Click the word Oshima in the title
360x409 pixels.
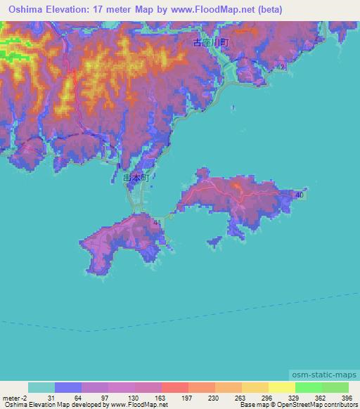click(x=27, y=9)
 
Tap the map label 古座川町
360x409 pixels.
click(x=211, y=44)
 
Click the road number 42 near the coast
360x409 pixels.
click(x=282, y=67)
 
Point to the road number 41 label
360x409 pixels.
click(x=156, y=222)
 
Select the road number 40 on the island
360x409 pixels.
click(x=300, y=195)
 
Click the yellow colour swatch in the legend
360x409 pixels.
click(x=282, y=387)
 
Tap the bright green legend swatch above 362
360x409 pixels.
click(x=309, y=387)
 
